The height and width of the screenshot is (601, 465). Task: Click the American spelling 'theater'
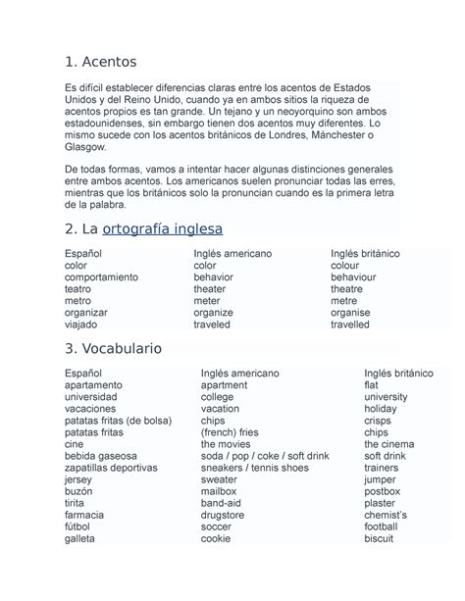tap(211, 288)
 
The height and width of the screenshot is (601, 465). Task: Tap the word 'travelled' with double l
tap(351, 324)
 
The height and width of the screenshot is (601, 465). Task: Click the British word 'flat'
tap(371, 385)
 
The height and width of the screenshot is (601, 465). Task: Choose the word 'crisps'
tap(378, 421)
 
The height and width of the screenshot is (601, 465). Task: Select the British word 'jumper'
tap(380, 479)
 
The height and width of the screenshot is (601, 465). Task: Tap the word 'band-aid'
tap(221, 503)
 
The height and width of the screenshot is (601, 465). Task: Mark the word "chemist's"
tap(386, 515)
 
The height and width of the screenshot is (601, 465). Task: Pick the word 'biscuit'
tap(378, 538)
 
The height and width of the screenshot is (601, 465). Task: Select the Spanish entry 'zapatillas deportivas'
tap(111, 468)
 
